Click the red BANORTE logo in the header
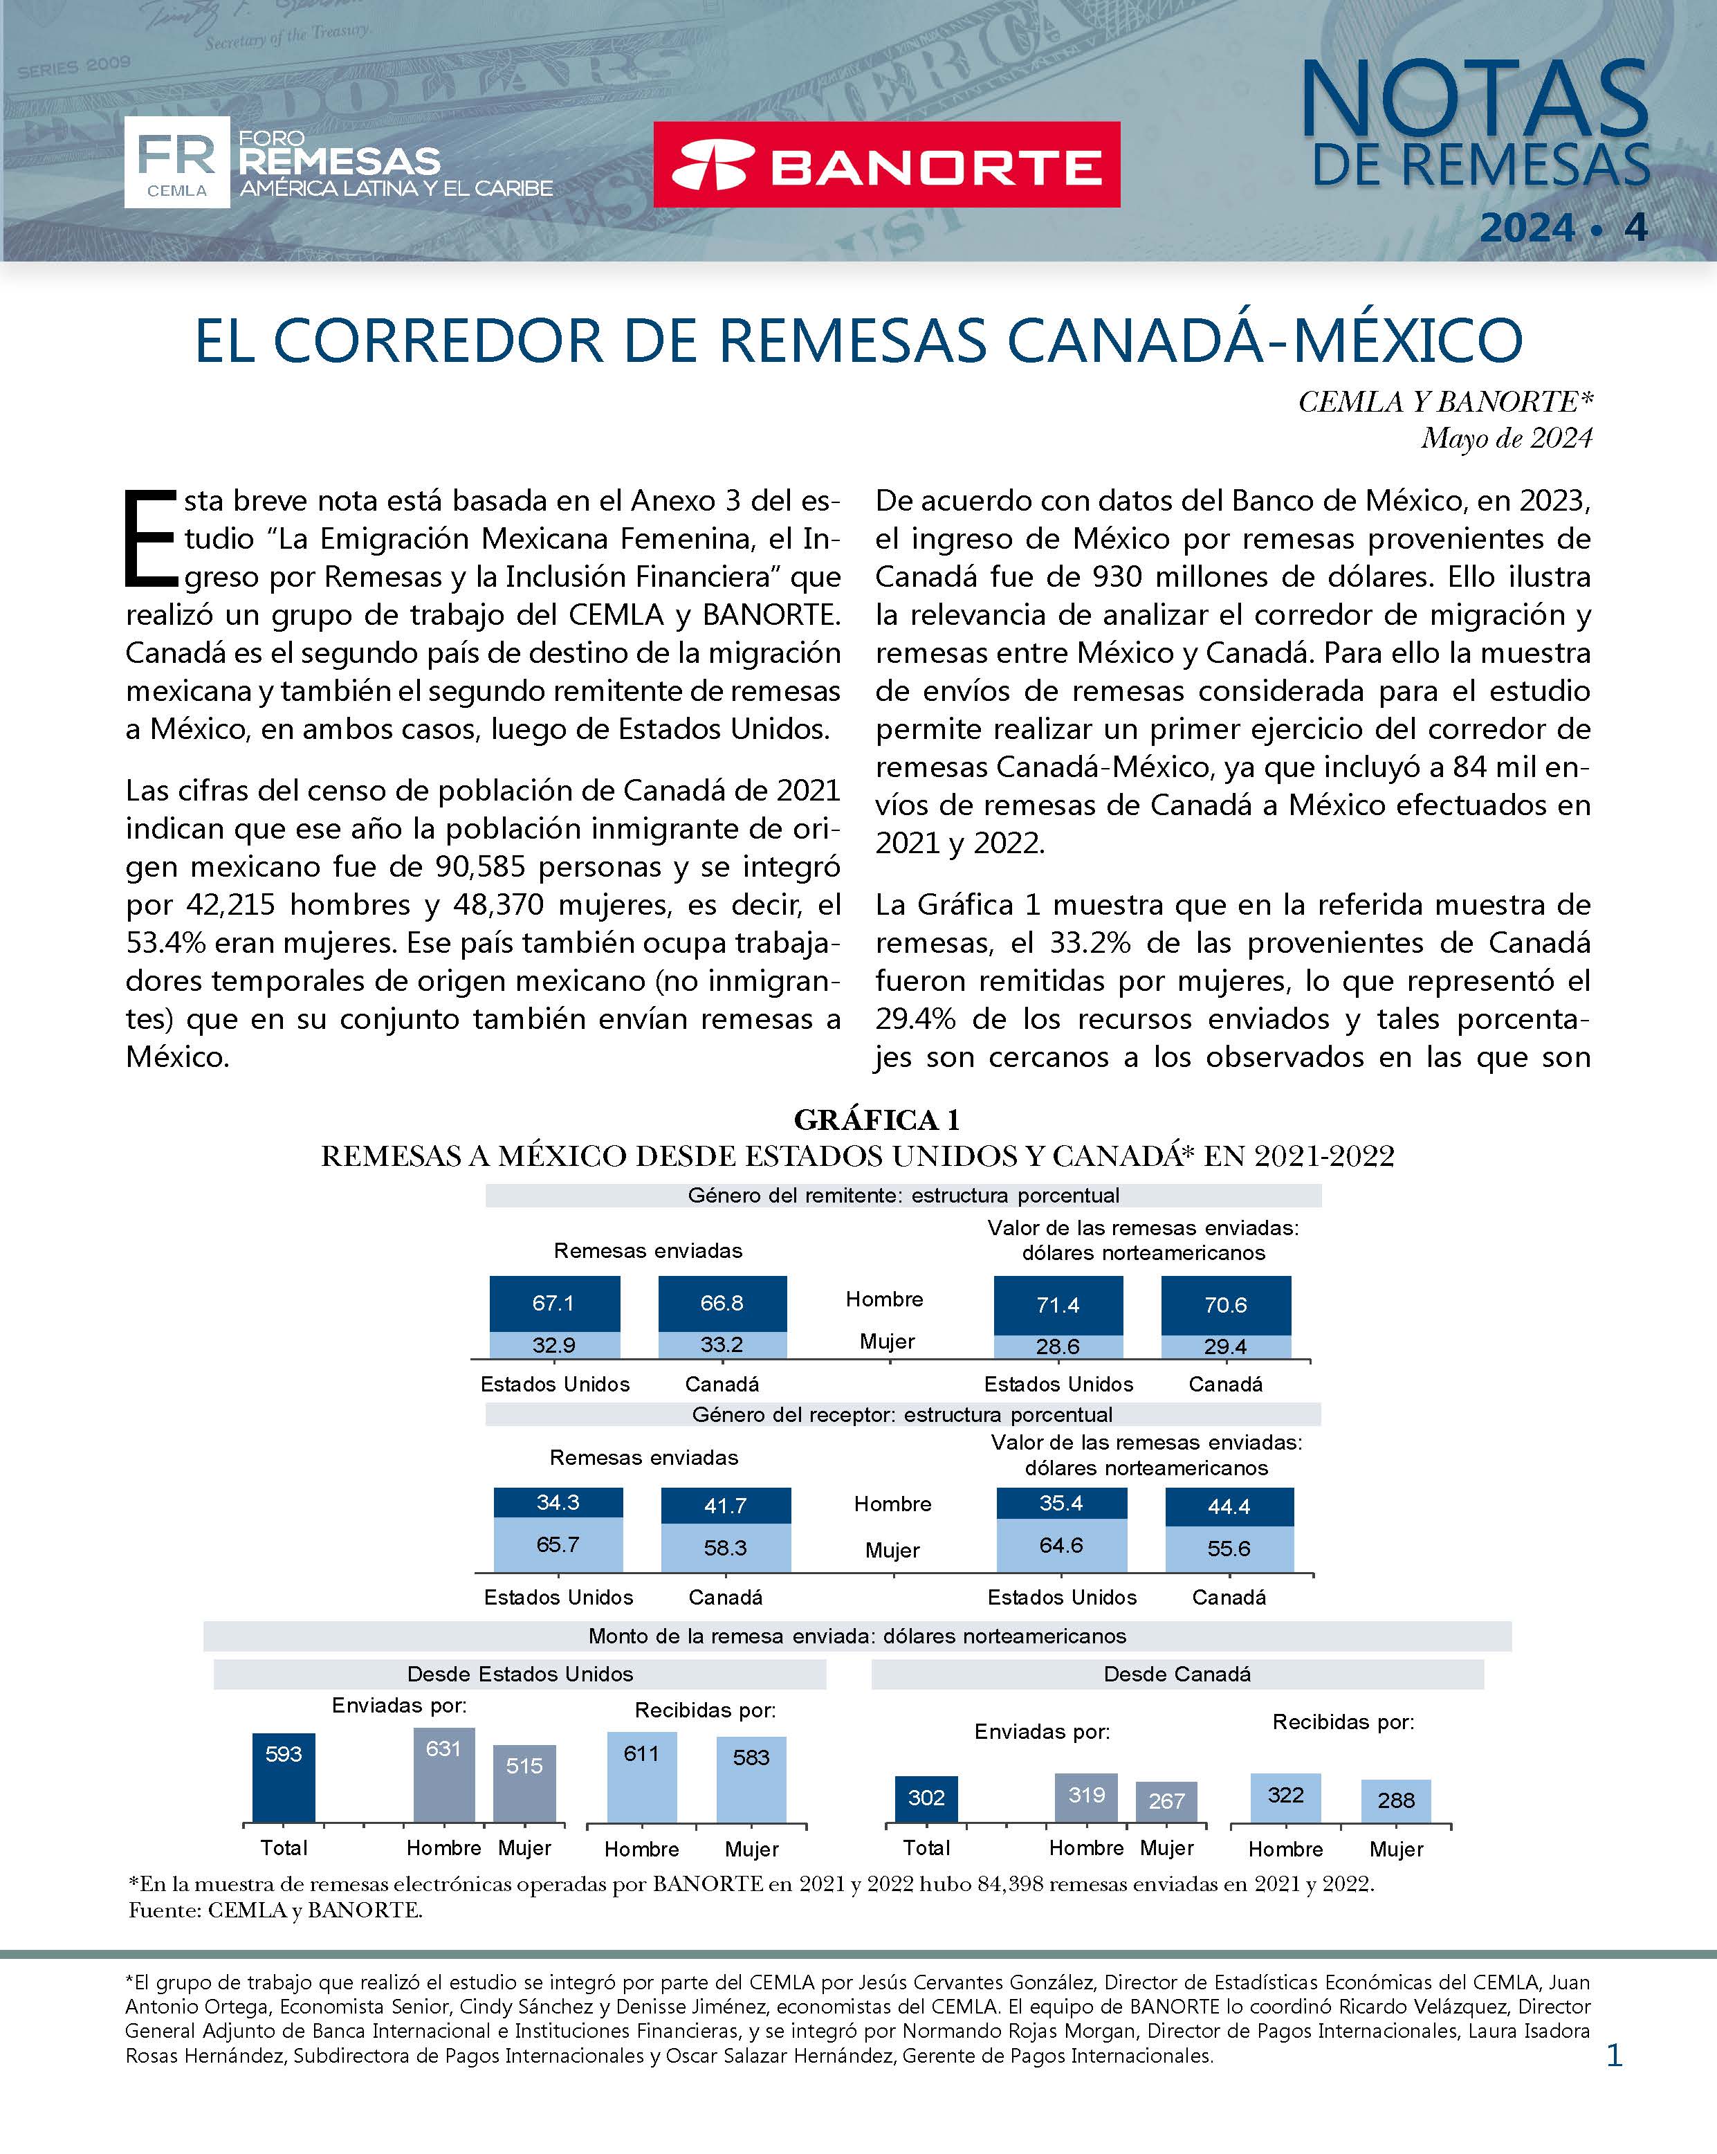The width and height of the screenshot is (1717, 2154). (886, 165)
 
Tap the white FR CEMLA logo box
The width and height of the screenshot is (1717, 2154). (177, 162)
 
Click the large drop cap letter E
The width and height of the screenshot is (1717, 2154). (150, 538)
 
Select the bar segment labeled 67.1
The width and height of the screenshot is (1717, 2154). (553, 1304)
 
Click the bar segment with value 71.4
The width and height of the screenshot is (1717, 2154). (1058, 1305)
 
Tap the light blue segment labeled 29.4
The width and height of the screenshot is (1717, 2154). (1226, 1347)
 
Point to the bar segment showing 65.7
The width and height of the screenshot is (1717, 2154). (558, 1544)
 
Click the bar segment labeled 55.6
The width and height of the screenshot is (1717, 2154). (1229, 1549)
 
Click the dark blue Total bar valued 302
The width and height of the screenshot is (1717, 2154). (926, 1798)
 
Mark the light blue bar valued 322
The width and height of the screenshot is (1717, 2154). (1285, 1798)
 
